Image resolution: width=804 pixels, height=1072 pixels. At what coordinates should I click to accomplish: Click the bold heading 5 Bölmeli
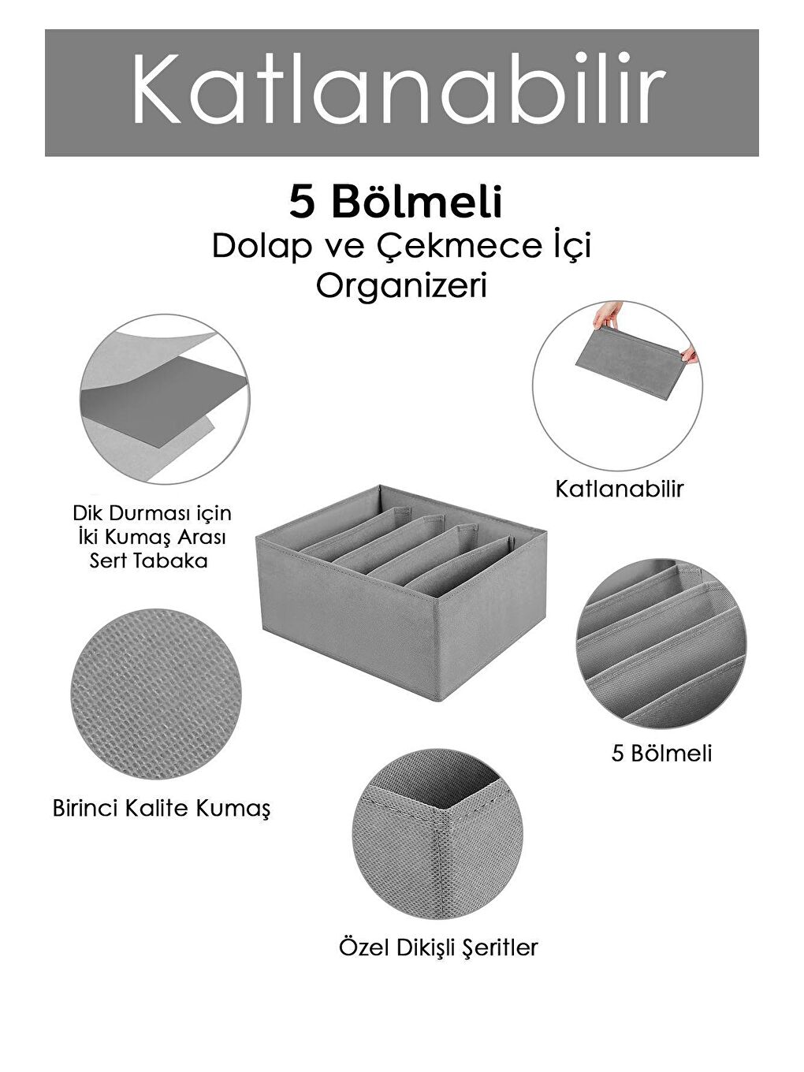(x=396, y=203)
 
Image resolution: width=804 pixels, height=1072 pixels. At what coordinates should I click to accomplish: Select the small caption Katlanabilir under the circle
(x=620, y=489)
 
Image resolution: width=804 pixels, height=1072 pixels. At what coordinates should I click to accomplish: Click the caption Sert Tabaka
(x=149, y=561)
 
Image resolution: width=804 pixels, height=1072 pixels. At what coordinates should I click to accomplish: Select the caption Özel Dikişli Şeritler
(x=438, y=947)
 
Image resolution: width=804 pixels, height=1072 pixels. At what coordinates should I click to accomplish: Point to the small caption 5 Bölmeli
(x=661, y=754)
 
